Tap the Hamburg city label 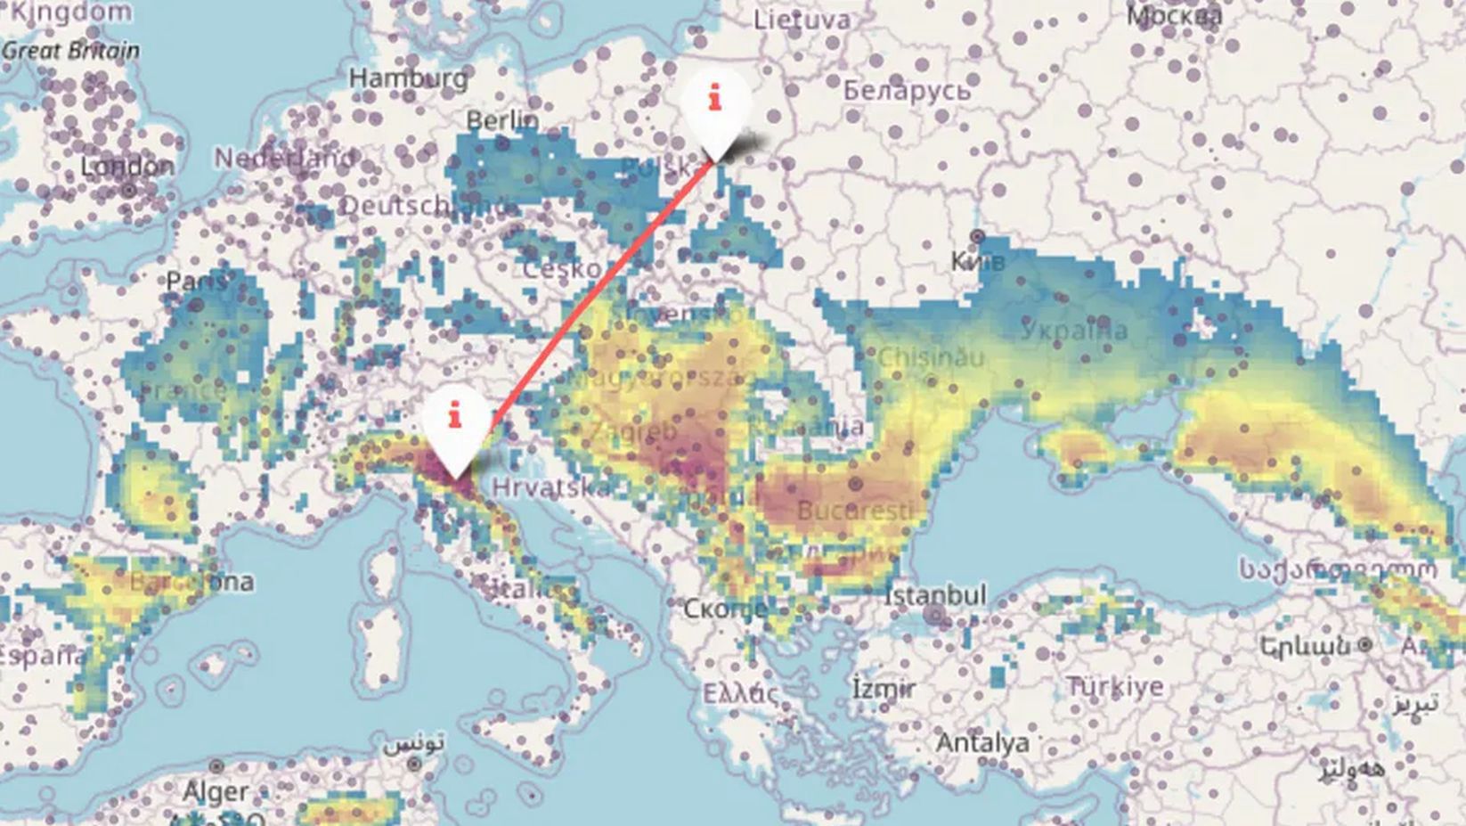pyautogui.click(x=408, y=78)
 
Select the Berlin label pyautogui.click(x=502, y=119)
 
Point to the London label pyautogui.click(x=127, y=167)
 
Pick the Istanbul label pyautogui.click(x=935, y=594)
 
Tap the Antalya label pyautogui.click(x=982, y=742)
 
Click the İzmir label pyautogui.click(x=883, y=689)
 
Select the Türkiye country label pyautogui.click(x=1114, y=687)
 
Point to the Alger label pyautogui.click(x=216, y=790)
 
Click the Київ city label pyautogui.click(x=978, y=261)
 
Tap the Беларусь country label pyautogui.click(x=906, y=90)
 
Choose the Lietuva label pyautogui.click(x=802, y=20)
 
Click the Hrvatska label pyautogui.click(x=551, y=487)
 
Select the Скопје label pyautogui.click(x=725, y=609)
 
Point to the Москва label pyautogui.click(x=1175, y=15)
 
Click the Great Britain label pyautogui.click(x=70, y=51)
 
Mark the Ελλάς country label pyautogui.click(x=739, y=693)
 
